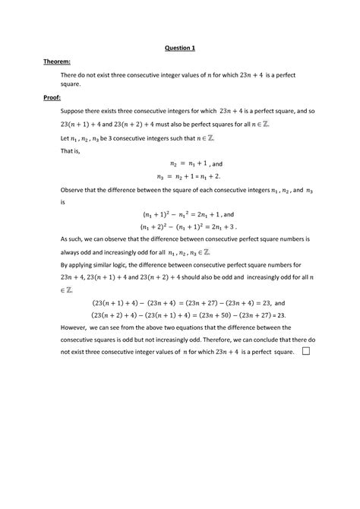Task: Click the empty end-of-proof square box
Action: [306, 352]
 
